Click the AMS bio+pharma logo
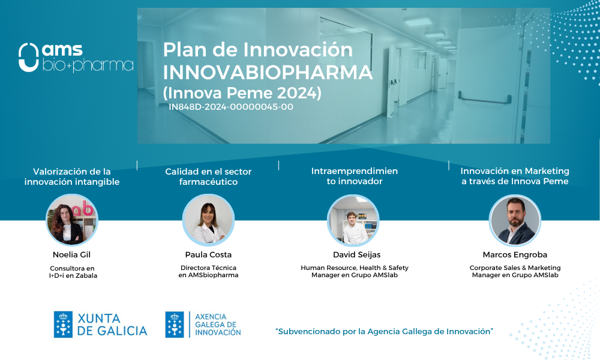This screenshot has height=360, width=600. [x=76, y=58]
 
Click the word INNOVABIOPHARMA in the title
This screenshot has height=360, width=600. [x=268, y=73]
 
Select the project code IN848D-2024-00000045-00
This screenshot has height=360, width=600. [x=231, y=107]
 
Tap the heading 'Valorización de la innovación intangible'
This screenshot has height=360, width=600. [x=72, y=176]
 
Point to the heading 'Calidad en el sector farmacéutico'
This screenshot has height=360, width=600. [x=208, y=176]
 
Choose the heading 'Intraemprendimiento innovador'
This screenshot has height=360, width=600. [x=355, y=176]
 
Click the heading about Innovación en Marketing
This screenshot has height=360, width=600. [x=515, y=176]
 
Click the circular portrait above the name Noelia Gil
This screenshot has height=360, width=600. [x=72, y=220]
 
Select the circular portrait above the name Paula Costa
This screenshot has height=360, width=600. [x=208, y=220]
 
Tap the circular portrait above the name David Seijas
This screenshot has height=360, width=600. [x=353, y=220]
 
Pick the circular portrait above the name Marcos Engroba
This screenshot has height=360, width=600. [x=515, y=220]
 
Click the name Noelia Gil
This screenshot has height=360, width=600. [x=71, y=255]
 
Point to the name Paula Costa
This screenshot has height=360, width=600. [x=208, y=255]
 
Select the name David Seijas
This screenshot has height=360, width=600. [x=356, y=255]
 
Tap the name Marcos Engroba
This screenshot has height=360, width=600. [x=515, y=255]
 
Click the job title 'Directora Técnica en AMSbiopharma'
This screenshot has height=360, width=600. [x=208, y=271]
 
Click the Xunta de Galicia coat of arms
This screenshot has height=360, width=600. [x=63, y=325]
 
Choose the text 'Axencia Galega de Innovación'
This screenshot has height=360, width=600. [x=218, y=325]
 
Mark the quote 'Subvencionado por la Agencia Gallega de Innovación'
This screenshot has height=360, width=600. [x=384, y=332]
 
